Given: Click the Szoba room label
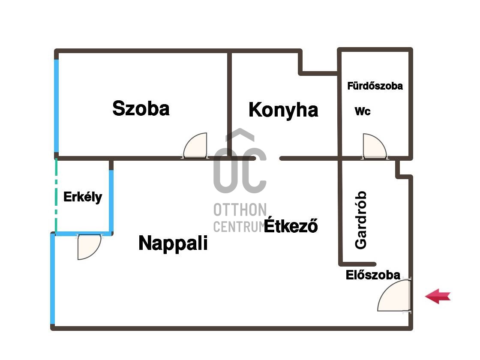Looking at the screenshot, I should pos(141,108).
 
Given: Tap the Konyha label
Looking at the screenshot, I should pos(283,110).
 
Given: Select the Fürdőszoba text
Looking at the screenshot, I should pos(375,86).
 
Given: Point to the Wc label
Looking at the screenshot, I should pos(363,111).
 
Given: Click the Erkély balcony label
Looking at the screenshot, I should pos(83,197).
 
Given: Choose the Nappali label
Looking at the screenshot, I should pos(173,243).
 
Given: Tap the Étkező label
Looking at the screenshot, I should pos(291,226).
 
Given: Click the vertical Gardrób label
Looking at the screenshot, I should pos(361,220).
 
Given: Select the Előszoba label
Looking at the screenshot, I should pos(373,275).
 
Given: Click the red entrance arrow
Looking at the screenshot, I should pos(438,296).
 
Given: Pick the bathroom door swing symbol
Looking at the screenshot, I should pos(374,147).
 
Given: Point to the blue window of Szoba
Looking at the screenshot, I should pos(57,105).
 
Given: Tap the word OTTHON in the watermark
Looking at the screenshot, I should pos(240,210).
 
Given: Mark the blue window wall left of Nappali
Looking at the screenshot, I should pos(53,279).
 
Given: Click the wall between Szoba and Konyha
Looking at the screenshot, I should pos(229,103).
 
